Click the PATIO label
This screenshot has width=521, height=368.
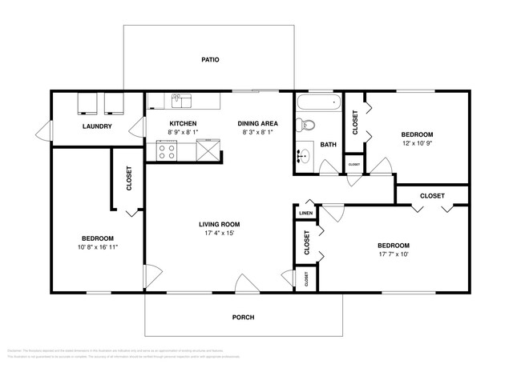[x=210, y=60]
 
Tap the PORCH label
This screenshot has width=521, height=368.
[x=243, y=318]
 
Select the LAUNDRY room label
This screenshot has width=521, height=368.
[x=97, y=126]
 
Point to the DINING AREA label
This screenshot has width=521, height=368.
[x=258, y=123]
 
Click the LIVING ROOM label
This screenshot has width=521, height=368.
[x=220, y=224]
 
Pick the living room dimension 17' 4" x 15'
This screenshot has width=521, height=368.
[x=220, y=234]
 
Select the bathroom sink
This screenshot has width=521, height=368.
[x=305, y=156]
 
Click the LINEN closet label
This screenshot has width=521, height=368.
[x=305, y=214]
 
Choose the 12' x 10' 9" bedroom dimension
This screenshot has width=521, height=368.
[x=417, y=144]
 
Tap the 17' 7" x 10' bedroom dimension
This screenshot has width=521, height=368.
[x=394, y=255]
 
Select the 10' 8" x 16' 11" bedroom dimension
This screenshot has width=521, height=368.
[x=97, y=248]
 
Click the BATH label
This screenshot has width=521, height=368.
[x=329, y=145]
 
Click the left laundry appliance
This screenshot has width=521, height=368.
[x=87, y=103]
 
